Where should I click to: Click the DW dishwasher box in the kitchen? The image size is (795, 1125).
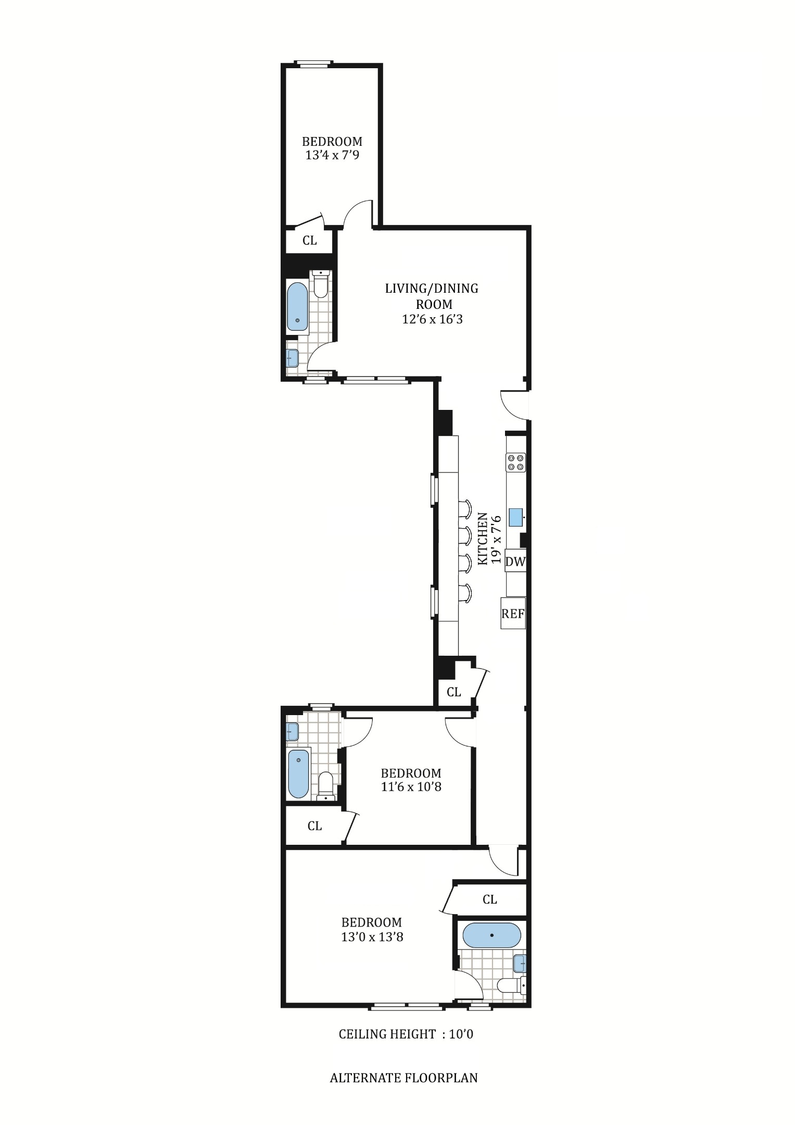coord(515,561)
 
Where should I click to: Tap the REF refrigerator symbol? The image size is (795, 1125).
coord(513,614)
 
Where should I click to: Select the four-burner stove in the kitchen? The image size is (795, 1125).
coord(516,463)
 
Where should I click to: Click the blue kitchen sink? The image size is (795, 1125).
coord(515,517)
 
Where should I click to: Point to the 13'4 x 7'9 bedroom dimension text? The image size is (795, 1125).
coord(332,155)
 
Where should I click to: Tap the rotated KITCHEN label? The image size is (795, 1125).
coord(483,539)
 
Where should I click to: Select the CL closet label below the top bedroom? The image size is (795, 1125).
coord(310,241)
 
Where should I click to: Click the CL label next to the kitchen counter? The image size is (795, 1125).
coord(454,692)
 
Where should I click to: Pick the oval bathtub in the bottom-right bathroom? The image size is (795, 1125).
coord(491,935)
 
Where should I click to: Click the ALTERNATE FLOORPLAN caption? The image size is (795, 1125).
coord(403,1078)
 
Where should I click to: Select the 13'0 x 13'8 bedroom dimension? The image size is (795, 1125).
coord(372,938)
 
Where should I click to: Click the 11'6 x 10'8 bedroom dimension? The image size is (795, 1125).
coord(411,786)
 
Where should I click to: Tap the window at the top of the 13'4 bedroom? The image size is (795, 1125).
coord(313,64)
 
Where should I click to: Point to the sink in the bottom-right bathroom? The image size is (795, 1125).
coord(520,964)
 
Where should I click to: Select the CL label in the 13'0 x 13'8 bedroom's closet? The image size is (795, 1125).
coord(490,899)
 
